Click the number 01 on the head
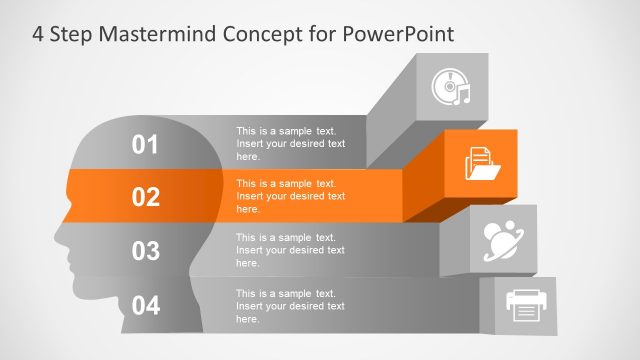(146, 145)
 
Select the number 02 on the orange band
(146, 197)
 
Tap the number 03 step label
(146, 251)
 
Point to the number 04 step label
(146, 305)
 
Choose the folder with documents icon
(483, 163)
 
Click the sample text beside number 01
(290, 143)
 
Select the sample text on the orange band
(290, 196)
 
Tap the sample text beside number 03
(290, 250)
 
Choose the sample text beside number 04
(290, 305)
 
